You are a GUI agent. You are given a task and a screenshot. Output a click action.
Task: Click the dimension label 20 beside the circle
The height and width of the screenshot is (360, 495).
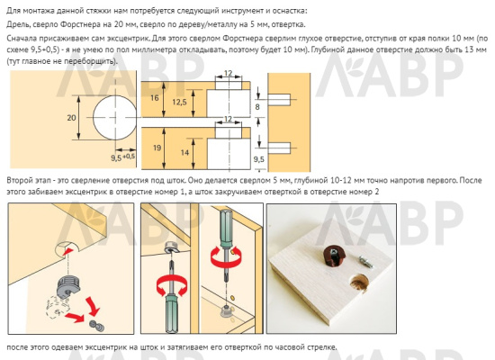tap(71, 118)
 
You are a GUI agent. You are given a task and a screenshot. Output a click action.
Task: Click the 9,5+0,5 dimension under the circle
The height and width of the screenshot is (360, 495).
tap(122, 157)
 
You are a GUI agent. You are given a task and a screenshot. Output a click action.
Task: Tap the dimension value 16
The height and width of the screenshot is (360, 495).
tap(155, 98)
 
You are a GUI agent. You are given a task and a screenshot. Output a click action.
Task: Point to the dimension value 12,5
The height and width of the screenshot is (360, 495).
tap(179, 102)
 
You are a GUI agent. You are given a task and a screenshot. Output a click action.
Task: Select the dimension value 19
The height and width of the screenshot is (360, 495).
tap(157, 148)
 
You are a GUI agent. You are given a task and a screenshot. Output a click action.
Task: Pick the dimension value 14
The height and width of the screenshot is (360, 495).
tap(184, 153)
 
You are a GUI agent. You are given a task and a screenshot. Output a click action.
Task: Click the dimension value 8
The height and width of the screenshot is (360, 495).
tap(257, 107)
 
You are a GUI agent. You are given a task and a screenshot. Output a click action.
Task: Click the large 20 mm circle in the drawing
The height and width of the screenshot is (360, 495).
tap(114, 118)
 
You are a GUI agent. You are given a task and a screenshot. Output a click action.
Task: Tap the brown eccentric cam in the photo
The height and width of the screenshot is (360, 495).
tap(335, 254)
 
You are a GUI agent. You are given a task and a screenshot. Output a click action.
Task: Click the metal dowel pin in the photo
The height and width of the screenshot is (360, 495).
tap(366, 262)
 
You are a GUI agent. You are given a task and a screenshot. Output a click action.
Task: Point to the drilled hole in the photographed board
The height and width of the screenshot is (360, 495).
tap(360, 283)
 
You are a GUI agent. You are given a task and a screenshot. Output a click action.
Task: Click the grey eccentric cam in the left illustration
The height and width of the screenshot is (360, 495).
tap(67, 286)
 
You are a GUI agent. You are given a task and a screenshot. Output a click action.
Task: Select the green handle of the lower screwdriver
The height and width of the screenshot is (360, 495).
tap(171, 313)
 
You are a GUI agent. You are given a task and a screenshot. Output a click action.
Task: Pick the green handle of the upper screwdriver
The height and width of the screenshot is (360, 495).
tap(226, 226)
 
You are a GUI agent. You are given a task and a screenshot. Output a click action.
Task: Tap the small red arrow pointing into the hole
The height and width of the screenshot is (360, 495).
tap(70, 252)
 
